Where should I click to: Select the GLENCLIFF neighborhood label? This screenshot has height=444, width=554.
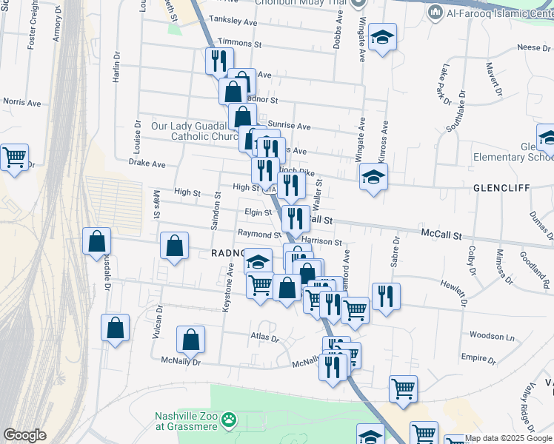pos(501,188)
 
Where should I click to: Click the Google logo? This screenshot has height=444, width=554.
pos(24,435)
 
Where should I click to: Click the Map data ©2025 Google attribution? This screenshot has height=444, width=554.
pos(508,438)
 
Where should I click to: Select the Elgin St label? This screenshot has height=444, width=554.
pos(258,212)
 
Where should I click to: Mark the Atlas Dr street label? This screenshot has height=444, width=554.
pos(264,339)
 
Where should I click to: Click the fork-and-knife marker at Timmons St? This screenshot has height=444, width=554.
pos(218,60)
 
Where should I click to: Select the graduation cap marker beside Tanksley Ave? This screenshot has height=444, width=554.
pos(382,37)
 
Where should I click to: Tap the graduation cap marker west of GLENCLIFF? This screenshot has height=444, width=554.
pos(373,177)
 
